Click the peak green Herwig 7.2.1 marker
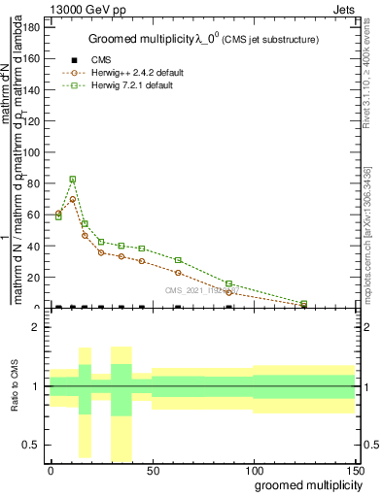pyautogui.click(x=73, y=180)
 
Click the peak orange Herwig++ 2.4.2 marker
pyautogui.click(x=73, y=199)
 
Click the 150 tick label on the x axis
pyautogui.click(x=355, y=469)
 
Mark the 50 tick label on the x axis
pyautogui.click(x=152, y=469)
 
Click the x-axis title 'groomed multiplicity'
pyautogui.click(x=306, y=483)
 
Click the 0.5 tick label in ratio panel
pyautogui.click(x=32, y=445)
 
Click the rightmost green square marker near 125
pyautogui.click(x=304, y=304)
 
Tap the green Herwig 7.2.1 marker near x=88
pyautogui.click(x=228, y=283)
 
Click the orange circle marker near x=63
pyautogui.click(x=178, y=273)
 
